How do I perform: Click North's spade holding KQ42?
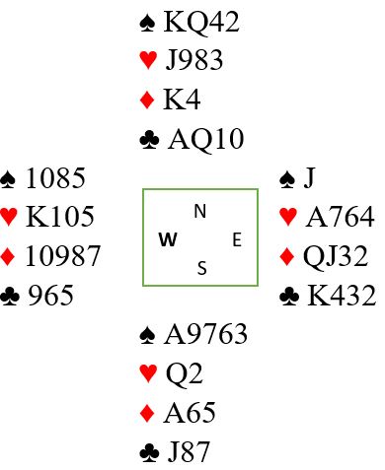coord(201,22)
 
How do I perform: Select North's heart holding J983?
coord(194,60)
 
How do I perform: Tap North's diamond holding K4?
coord(182,100)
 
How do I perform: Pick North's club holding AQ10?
coord(206,139)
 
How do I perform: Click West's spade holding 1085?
coord(55,178)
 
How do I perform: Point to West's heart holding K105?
coord(60,217)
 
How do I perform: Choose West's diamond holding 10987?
coord(62,255)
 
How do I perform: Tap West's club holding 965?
coord(50,295)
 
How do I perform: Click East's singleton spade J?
coord(309,178)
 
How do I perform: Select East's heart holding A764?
coord(340,217)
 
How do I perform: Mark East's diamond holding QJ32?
coord(336,256)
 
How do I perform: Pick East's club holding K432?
coord(342,296)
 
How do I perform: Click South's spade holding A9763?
coord(205,334)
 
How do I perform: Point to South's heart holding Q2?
coord(185,373)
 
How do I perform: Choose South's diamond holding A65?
coord(190,412)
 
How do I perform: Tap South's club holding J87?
coord(189,451)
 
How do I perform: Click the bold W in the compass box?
coord(168,239)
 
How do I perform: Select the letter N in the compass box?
coord(200,211)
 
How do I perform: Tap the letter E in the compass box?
coord(237,239)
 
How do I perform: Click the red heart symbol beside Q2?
coord(148,373)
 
